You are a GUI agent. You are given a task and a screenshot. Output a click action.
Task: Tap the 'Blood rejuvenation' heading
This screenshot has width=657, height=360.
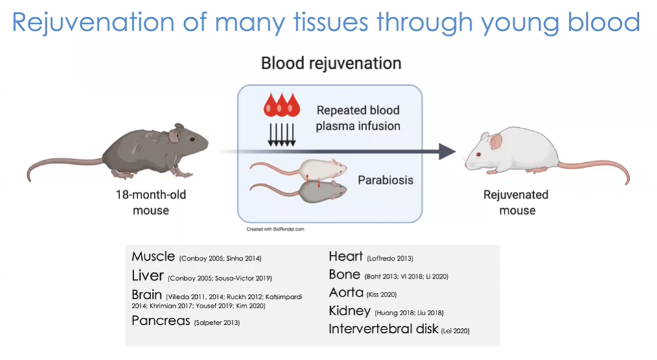click(331, 64)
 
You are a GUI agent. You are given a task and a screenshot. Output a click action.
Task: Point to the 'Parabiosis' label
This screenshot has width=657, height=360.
click(385, 180)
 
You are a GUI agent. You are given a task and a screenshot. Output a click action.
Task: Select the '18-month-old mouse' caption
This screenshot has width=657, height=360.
click(150, 202)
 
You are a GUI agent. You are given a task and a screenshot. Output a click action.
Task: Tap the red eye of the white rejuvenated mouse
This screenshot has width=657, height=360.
click(478, 155)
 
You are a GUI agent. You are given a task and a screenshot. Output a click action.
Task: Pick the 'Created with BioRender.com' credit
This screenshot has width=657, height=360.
click(275, 229)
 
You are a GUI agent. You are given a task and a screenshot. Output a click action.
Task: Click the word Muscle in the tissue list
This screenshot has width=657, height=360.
click(152, 257)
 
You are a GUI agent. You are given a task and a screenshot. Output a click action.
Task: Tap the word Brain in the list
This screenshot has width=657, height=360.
click(147, 295)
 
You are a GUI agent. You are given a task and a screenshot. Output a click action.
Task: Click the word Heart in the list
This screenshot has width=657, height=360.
click(346, 257)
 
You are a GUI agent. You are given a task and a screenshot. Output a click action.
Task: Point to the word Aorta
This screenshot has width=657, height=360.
click(346, 293)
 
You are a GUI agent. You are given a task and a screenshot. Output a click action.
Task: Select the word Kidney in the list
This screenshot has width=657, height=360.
click(350, 311)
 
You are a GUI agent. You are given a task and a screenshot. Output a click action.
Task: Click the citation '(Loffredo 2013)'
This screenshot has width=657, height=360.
click(390, 258)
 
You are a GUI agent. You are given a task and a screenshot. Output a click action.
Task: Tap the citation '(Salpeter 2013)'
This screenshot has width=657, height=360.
click(215, 322)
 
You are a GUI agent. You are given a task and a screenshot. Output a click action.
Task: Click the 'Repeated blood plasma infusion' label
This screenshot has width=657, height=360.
click(357, 117)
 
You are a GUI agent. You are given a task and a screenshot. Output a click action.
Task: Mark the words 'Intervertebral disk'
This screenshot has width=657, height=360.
click(383, 329)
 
